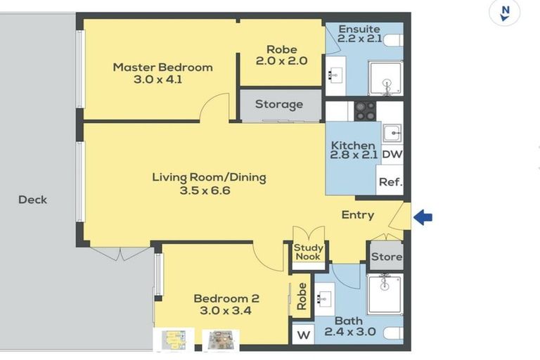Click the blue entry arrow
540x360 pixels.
point(423,217)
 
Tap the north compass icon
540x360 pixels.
point(504,13)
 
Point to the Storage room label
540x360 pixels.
point(278,105)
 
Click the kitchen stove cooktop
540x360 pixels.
point(364,110)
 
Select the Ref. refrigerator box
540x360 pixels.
point(390,181)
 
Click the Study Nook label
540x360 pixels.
point(308,252)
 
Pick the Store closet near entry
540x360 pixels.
point(385,257)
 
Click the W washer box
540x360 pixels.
point(304,334)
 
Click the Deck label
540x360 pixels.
point(32,200)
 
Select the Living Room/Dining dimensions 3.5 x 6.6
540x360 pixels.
point(209,190)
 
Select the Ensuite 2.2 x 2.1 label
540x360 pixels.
point(359,33)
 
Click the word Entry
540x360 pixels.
point(357,215)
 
